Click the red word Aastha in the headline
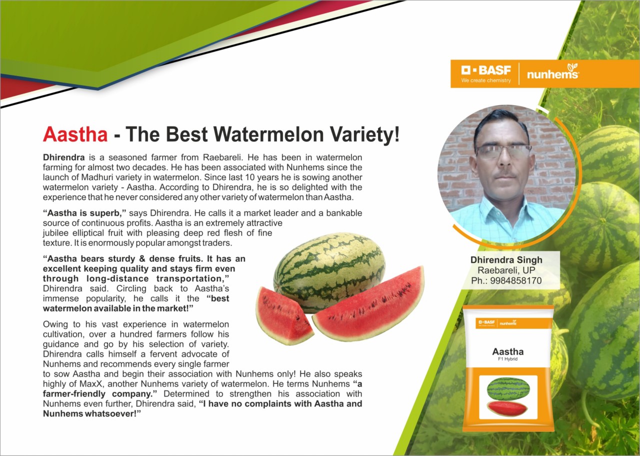(75, 134)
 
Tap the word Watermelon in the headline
(268, 134)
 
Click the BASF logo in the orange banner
(486, 74)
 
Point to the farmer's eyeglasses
(503, 151)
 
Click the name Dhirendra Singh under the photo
(506, 260)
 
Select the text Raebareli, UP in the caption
(506, 270)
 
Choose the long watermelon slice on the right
(368, 305)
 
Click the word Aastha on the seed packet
(507, 351)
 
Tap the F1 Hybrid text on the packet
(507, 359)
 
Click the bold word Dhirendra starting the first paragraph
(63, 157)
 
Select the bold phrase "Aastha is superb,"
(84, 213)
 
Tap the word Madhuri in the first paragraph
(114, 177)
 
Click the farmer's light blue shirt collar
(503, 209)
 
